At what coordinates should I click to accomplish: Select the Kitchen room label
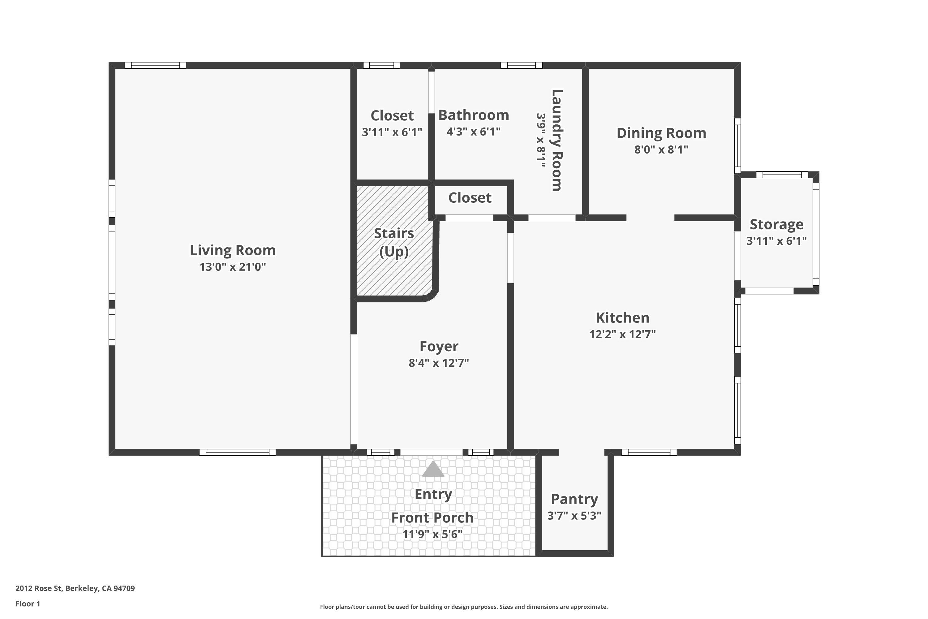point(622,318)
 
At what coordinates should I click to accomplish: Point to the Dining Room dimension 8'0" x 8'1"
point(661,149)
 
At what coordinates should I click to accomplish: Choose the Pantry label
point(574,499)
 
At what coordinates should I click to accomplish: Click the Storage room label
point(776,224)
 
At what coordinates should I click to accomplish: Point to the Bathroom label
point(474,115)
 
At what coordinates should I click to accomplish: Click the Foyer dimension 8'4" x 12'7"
point(439,363)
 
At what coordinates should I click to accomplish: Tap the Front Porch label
point(432,517)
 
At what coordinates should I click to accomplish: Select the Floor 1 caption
point(28,604)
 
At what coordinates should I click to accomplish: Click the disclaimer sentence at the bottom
point(464,607)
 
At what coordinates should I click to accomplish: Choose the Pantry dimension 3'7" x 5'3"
point(574,516)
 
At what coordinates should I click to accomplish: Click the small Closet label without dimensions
point(470,198)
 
